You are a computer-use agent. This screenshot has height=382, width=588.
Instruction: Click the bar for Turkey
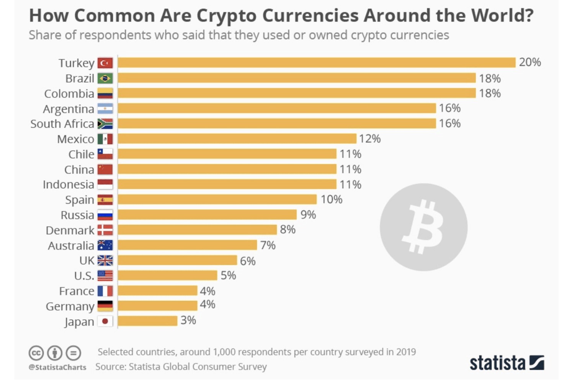[317, 62]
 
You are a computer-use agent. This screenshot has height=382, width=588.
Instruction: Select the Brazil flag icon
[105, 79]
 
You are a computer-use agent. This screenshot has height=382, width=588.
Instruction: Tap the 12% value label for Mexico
[369, 139]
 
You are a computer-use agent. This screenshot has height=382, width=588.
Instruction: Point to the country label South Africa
[62, 124]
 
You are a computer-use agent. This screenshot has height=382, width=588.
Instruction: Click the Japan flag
[105, 321]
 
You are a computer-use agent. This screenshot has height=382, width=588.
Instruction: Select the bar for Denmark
[197, 230]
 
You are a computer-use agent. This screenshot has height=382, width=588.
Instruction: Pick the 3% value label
[188, 320]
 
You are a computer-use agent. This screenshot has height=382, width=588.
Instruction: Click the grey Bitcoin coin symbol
[423, 227]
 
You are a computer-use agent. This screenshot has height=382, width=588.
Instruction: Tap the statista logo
[506, 362]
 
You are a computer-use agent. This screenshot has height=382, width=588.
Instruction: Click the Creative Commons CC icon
[36, 352]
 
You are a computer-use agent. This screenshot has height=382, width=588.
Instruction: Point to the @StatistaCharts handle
[57, 367]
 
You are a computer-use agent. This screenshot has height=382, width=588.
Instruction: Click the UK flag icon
[105, 261]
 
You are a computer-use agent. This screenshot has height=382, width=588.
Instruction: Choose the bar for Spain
[217, 200]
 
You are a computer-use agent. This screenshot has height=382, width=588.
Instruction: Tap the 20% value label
[530, 62]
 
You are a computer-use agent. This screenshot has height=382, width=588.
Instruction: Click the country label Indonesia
[68, 185]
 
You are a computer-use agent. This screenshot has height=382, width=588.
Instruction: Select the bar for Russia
[207, 215]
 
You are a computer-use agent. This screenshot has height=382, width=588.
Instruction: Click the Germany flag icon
[105, 306]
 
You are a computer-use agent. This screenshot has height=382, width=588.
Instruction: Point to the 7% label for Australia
[268, 245]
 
